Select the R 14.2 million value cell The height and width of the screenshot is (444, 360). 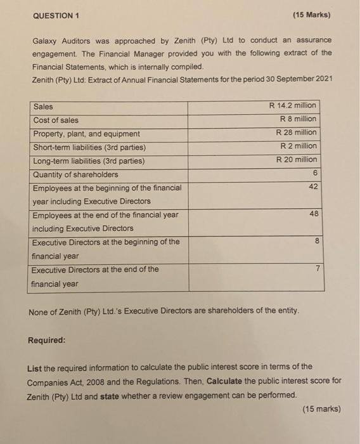(292, 106)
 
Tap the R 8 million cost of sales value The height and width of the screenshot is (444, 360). (297, 119)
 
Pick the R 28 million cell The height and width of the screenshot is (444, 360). (295, 133)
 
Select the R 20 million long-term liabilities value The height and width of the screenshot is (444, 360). (295, 160)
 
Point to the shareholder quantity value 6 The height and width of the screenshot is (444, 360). (314, 174)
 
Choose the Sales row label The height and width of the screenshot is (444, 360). (44, 107)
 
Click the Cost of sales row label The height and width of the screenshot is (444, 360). (56, 120)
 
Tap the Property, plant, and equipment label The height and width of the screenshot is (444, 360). (86, 134)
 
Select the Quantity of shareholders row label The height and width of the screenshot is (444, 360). (75, 174)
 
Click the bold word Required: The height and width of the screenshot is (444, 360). (46, 340)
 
